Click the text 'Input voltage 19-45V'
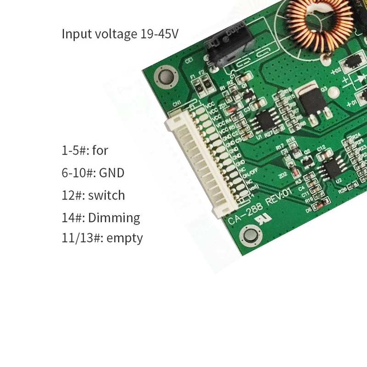(x=120, y=34)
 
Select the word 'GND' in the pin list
(x=111, y=173)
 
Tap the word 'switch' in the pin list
(x=106, y=195)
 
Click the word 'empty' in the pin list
(x=124, y=238)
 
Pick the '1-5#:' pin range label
(x=75, y=150)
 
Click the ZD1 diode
(x=233, y=109)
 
